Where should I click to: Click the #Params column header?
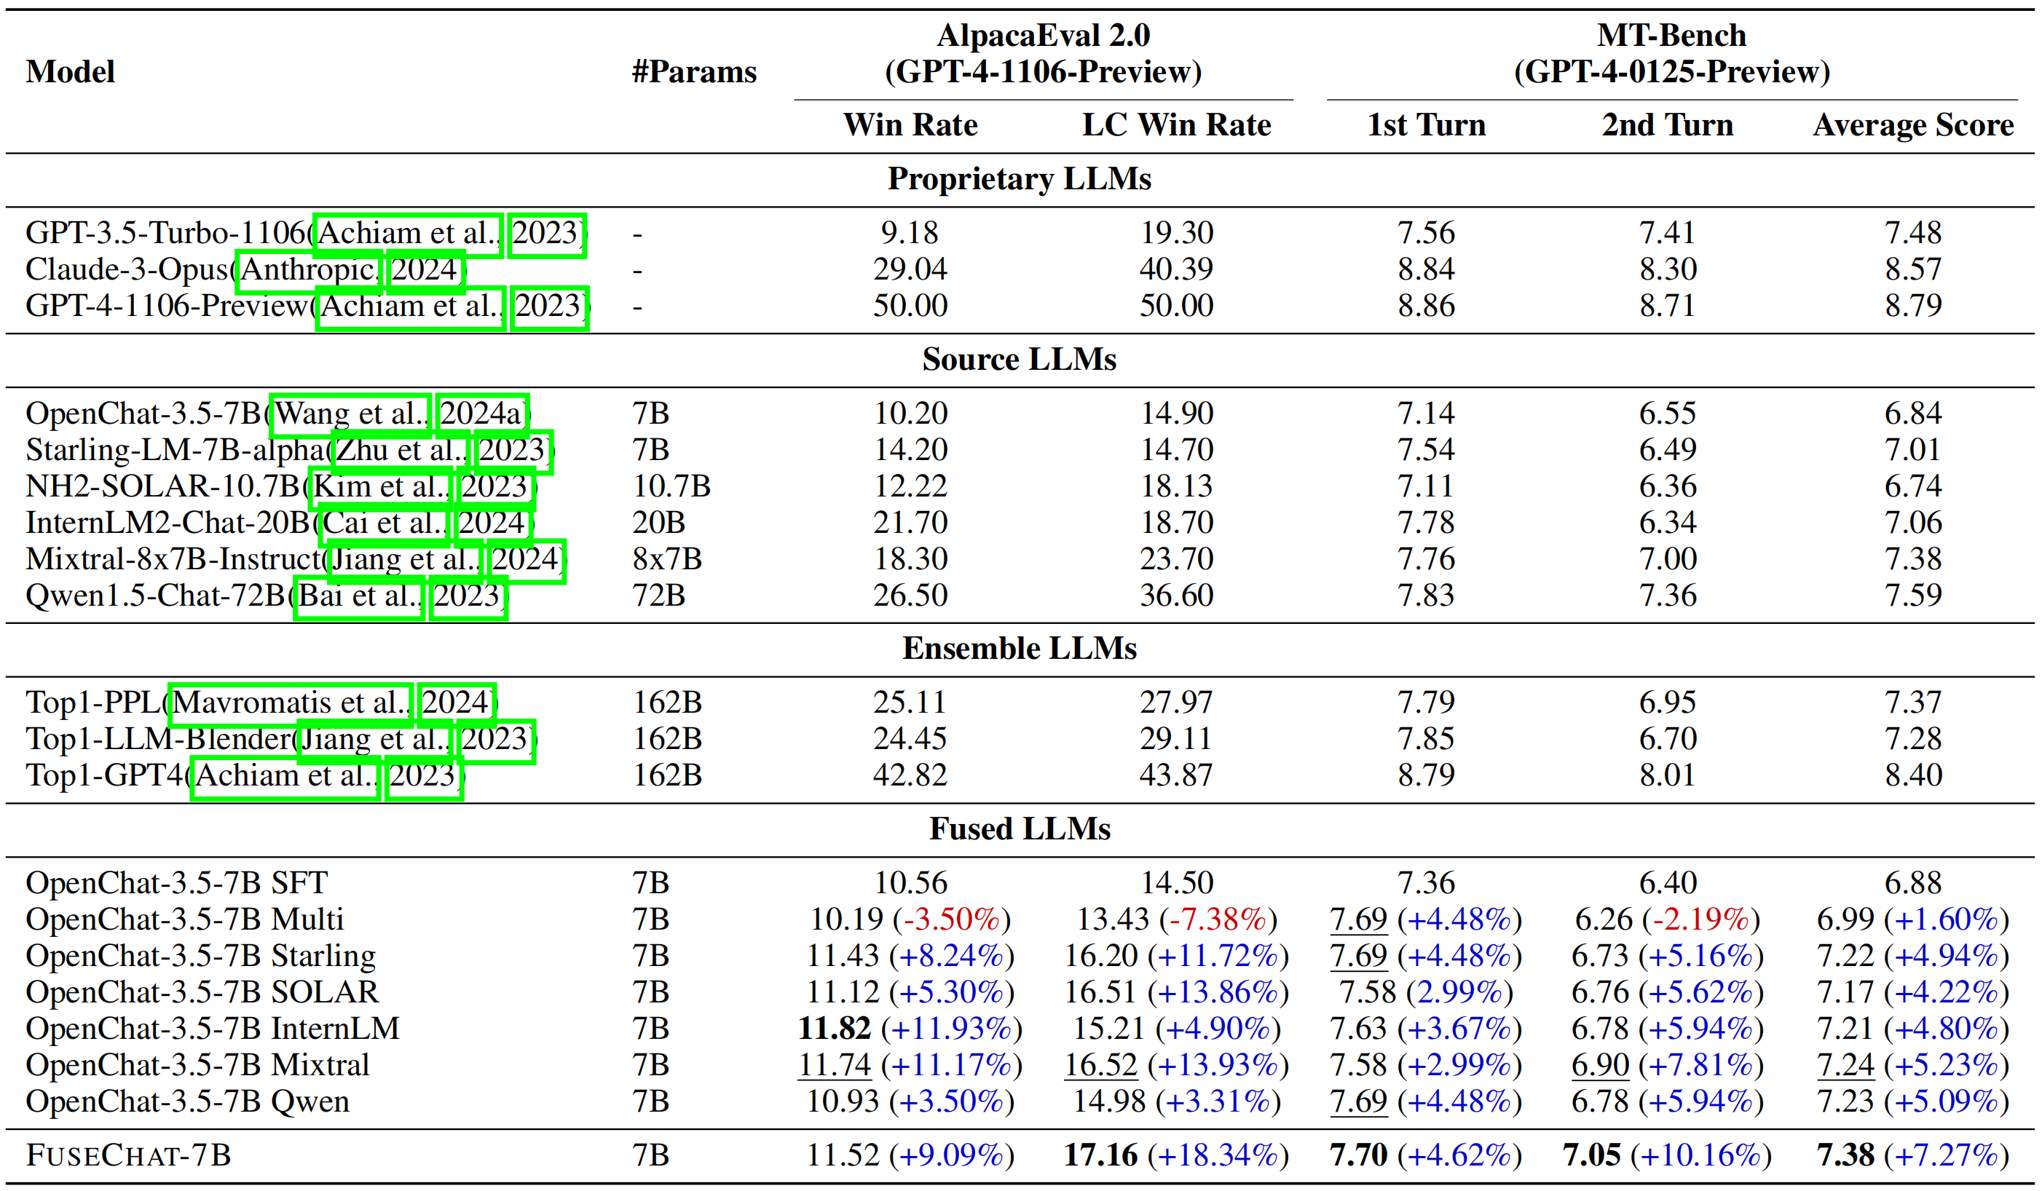point(693,72)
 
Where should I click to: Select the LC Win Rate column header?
point(1176,124)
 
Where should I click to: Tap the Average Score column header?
point(1912,124)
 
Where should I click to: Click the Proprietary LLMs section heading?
point(1019,179)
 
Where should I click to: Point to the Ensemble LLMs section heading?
point(1019,648)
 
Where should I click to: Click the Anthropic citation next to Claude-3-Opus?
point(308,269)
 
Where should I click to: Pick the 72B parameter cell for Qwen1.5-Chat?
point(658,595)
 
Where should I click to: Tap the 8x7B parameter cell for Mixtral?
point(666,559)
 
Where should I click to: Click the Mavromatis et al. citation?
point(290,703)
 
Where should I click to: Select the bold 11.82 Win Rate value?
point(834,1028)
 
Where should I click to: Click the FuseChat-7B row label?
point(128,1155)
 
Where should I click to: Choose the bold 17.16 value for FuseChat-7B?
point(1100,1155)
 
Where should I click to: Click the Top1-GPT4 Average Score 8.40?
point(1912,775)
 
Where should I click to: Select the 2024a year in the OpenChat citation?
point(481,414)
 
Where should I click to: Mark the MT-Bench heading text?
point(1671,36)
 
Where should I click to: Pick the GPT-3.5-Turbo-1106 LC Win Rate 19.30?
point(1176,234)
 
